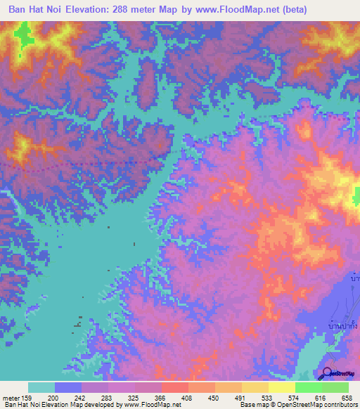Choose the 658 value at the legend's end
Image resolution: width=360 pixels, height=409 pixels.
point(345,397)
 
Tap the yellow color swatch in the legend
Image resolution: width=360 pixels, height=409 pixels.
point(281,387)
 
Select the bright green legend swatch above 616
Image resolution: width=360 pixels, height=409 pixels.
point(308,387)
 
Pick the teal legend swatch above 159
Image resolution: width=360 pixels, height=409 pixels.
point(41,387)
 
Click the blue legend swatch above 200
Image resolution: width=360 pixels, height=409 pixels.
point(68,387)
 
